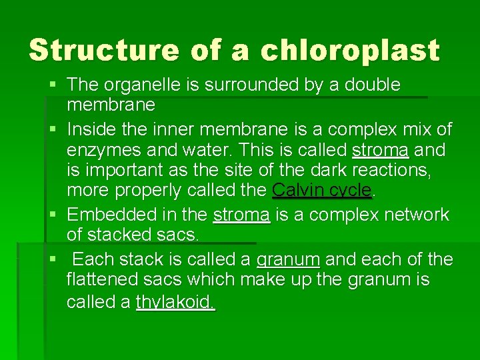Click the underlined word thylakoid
[175, 302]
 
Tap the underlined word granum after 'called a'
[289, 259]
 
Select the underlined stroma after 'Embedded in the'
[241, 215]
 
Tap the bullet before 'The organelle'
[53, 85]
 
